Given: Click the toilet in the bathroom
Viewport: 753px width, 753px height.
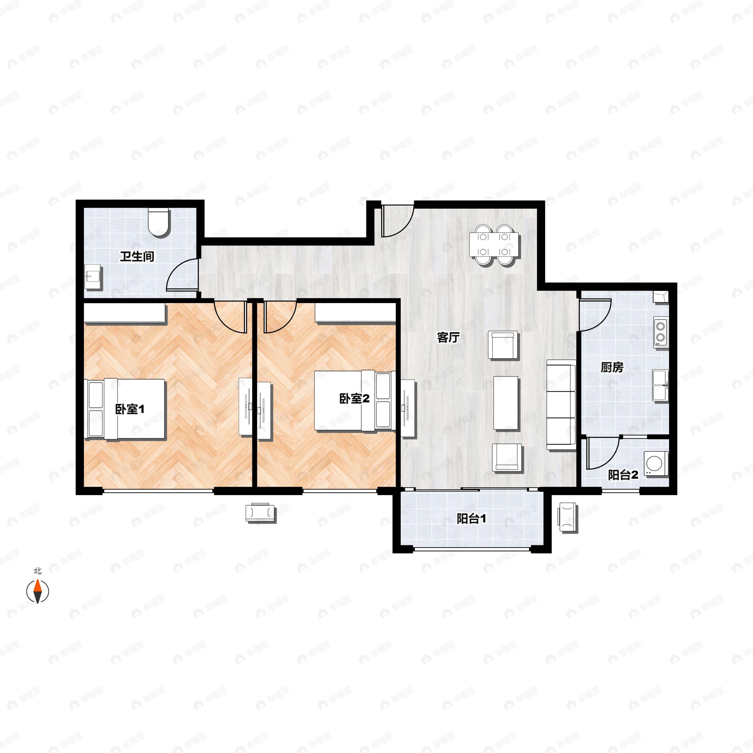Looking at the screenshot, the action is [159, 223].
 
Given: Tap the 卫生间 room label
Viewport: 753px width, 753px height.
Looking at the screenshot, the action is [137, 256].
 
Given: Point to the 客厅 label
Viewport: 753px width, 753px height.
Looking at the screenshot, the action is [448, 338].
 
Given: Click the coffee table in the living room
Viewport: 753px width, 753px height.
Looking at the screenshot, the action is [506, 403].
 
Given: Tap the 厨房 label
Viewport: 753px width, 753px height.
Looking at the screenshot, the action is [612, 367].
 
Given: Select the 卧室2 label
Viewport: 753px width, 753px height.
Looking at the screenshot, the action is [354, 398].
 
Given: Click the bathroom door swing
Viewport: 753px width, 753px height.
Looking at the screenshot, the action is [182, 275].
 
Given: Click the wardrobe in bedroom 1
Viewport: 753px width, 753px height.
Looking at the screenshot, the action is [125, 314].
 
